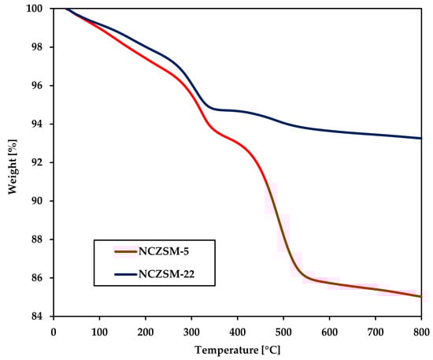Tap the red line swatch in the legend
click(126, 251)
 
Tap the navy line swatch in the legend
click(126, 275)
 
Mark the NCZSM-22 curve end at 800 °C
click(421, 138)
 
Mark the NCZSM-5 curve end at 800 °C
click(421, 296)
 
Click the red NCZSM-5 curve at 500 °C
click(283, 237)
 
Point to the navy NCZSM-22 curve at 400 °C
click(237, 111)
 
